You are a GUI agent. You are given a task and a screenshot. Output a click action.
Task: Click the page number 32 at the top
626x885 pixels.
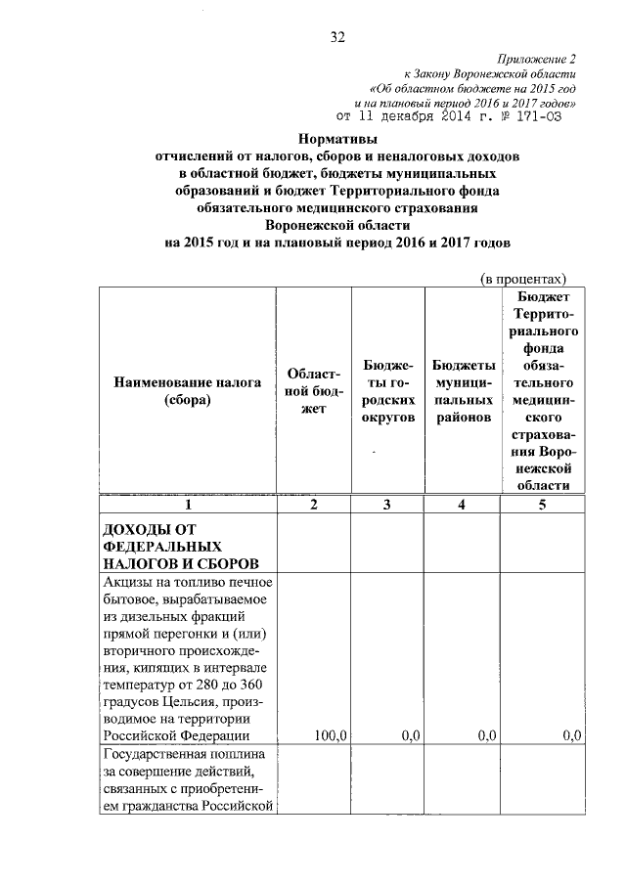point(337,38)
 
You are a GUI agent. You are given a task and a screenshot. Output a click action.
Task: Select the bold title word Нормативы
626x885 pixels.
point(337,140)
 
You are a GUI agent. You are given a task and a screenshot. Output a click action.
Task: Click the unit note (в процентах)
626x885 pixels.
point(523,278)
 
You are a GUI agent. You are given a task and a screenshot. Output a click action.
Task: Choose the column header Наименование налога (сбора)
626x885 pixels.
point(188,392)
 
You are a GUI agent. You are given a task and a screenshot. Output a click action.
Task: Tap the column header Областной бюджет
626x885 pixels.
point(314,392)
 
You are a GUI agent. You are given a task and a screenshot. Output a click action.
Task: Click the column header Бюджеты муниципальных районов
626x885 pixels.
point(463,392)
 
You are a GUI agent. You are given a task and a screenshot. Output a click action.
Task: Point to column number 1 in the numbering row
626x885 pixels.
point(188,505)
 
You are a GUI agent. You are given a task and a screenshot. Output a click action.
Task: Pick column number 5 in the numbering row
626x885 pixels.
point(542,505)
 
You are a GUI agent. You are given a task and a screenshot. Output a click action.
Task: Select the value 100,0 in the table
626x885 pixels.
point(330,735)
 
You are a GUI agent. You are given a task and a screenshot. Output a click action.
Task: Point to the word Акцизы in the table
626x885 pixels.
point(124,583)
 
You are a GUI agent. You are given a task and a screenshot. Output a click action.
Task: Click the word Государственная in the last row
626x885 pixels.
point(157,754)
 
